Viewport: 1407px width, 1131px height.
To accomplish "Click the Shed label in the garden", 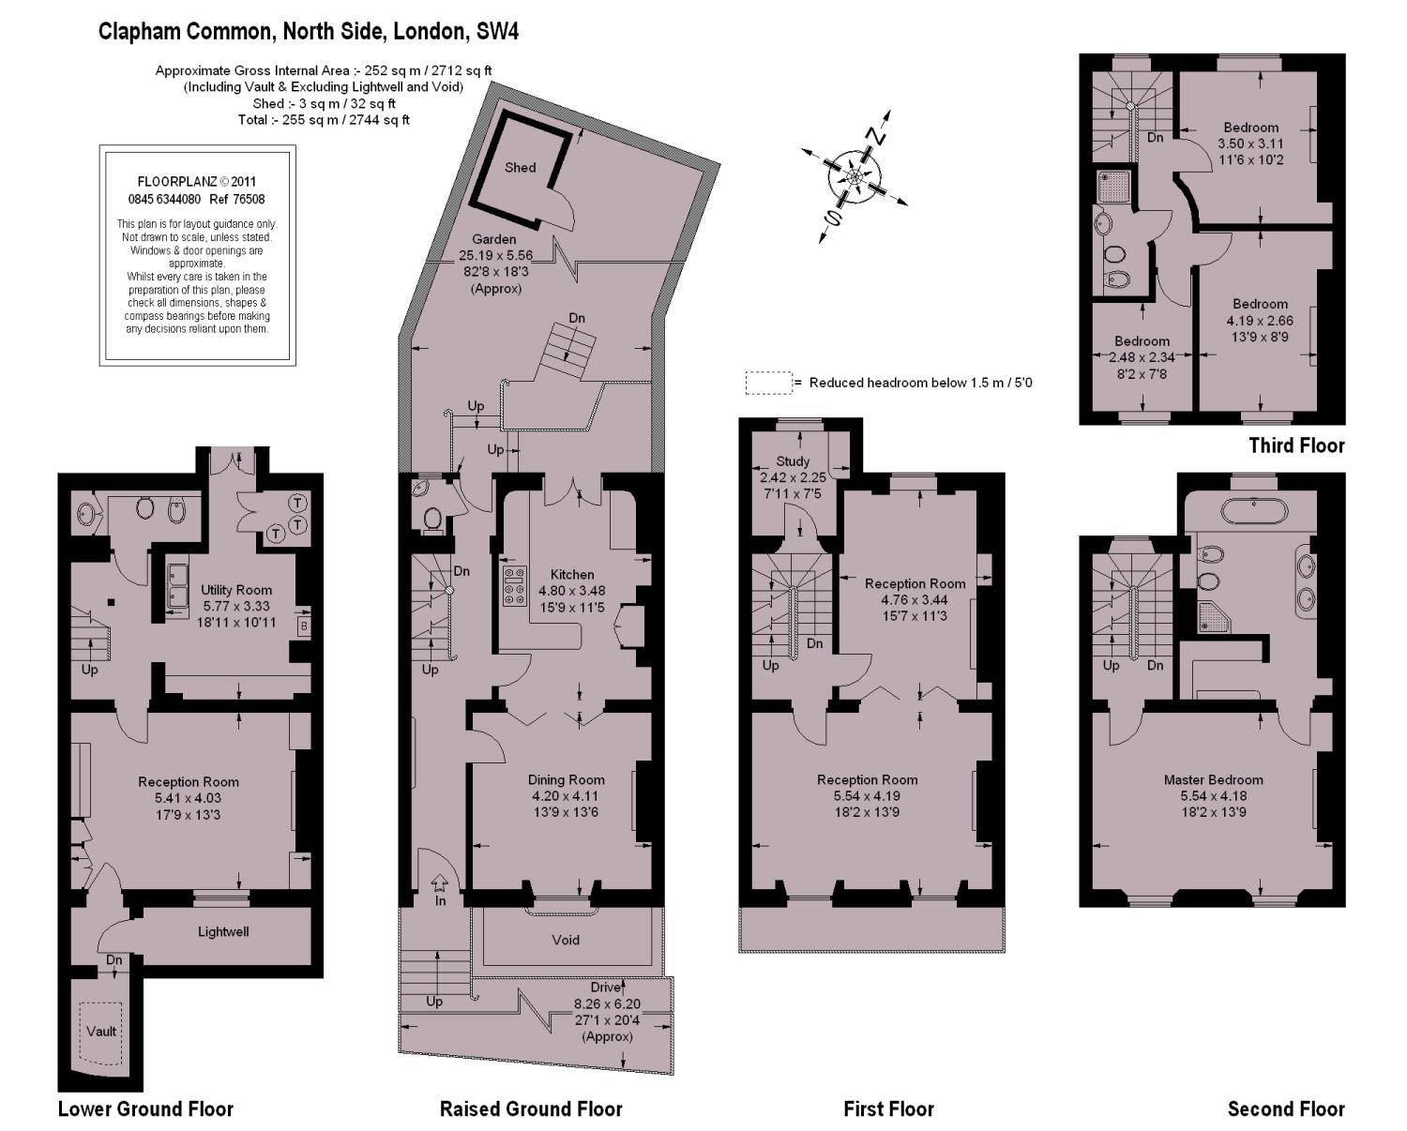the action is click(520, 167).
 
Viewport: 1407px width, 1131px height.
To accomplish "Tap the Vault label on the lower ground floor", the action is click(101, 1031).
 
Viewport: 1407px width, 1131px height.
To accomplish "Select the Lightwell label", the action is click(223, 931).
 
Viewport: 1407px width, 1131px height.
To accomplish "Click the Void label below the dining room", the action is click(566, 940).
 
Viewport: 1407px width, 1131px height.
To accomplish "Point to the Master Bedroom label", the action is click(1214, 779).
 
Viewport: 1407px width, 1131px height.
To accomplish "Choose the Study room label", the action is click(793, 460).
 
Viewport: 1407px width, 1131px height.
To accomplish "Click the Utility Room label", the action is click(236, 590).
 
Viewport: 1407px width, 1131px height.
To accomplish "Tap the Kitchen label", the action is click(572, 574).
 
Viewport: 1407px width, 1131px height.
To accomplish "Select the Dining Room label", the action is click(567, 779).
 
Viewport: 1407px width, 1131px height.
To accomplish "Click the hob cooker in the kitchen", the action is click(514, 586).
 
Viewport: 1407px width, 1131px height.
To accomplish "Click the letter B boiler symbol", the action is click(303, 626).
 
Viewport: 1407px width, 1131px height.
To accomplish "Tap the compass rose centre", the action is click(855, 176).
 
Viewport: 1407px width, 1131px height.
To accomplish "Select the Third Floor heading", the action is click(1296, 445).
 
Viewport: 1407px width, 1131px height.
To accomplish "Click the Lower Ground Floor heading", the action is click(145, 1108).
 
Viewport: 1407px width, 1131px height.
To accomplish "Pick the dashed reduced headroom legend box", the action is click(769, 383).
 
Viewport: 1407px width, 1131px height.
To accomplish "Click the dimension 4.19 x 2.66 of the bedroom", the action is click(1260, 321).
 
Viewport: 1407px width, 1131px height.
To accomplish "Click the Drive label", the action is click(605, 988).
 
